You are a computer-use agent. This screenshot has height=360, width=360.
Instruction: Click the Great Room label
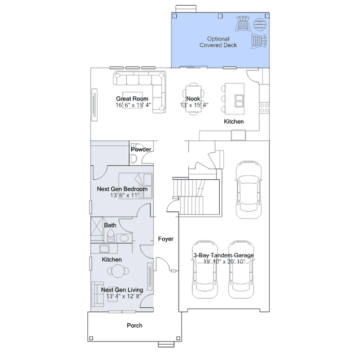coord(132,99)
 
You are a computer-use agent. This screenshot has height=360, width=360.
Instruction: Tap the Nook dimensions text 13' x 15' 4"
coord(194,105)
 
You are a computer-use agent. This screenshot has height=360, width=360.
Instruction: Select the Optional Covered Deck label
coord(218,42)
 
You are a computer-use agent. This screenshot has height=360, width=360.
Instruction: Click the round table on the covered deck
coord(260,24)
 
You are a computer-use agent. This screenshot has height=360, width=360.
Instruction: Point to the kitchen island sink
coord(239,101)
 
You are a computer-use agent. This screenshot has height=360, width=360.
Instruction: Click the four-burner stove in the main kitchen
coord(264,108)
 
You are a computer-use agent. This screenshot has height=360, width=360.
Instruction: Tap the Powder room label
coord(141,149)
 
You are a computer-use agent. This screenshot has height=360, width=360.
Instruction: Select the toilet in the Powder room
coord(134,159)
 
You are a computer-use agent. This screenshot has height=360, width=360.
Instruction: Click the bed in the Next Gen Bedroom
coord(135,186)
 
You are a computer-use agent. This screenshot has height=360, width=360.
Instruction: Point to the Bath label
coord(110,225)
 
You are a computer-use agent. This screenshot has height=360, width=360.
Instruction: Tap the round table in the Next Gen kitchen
coord(118,271)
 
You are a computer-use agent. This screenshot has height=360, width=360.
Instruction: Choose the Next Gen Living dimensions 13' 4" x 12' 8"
coord(124,296)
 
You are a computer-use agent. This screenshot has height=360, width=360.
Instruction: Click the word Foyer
coord(166,239)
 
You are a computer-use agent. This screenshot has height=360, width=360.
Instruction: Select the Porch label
coord(135,326)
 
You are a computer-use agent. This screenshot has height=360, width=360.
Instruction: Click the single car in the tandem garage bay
coord(248,190)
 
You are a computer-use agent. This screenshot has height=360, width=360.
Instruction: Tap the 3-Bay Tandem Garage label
coord(224,255)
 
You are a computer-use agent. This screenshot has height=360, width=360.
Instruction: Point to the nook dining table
coord(193,99)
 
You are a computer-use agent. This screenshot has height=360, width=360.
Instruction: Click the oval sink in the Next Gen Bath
coord(124,238)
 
